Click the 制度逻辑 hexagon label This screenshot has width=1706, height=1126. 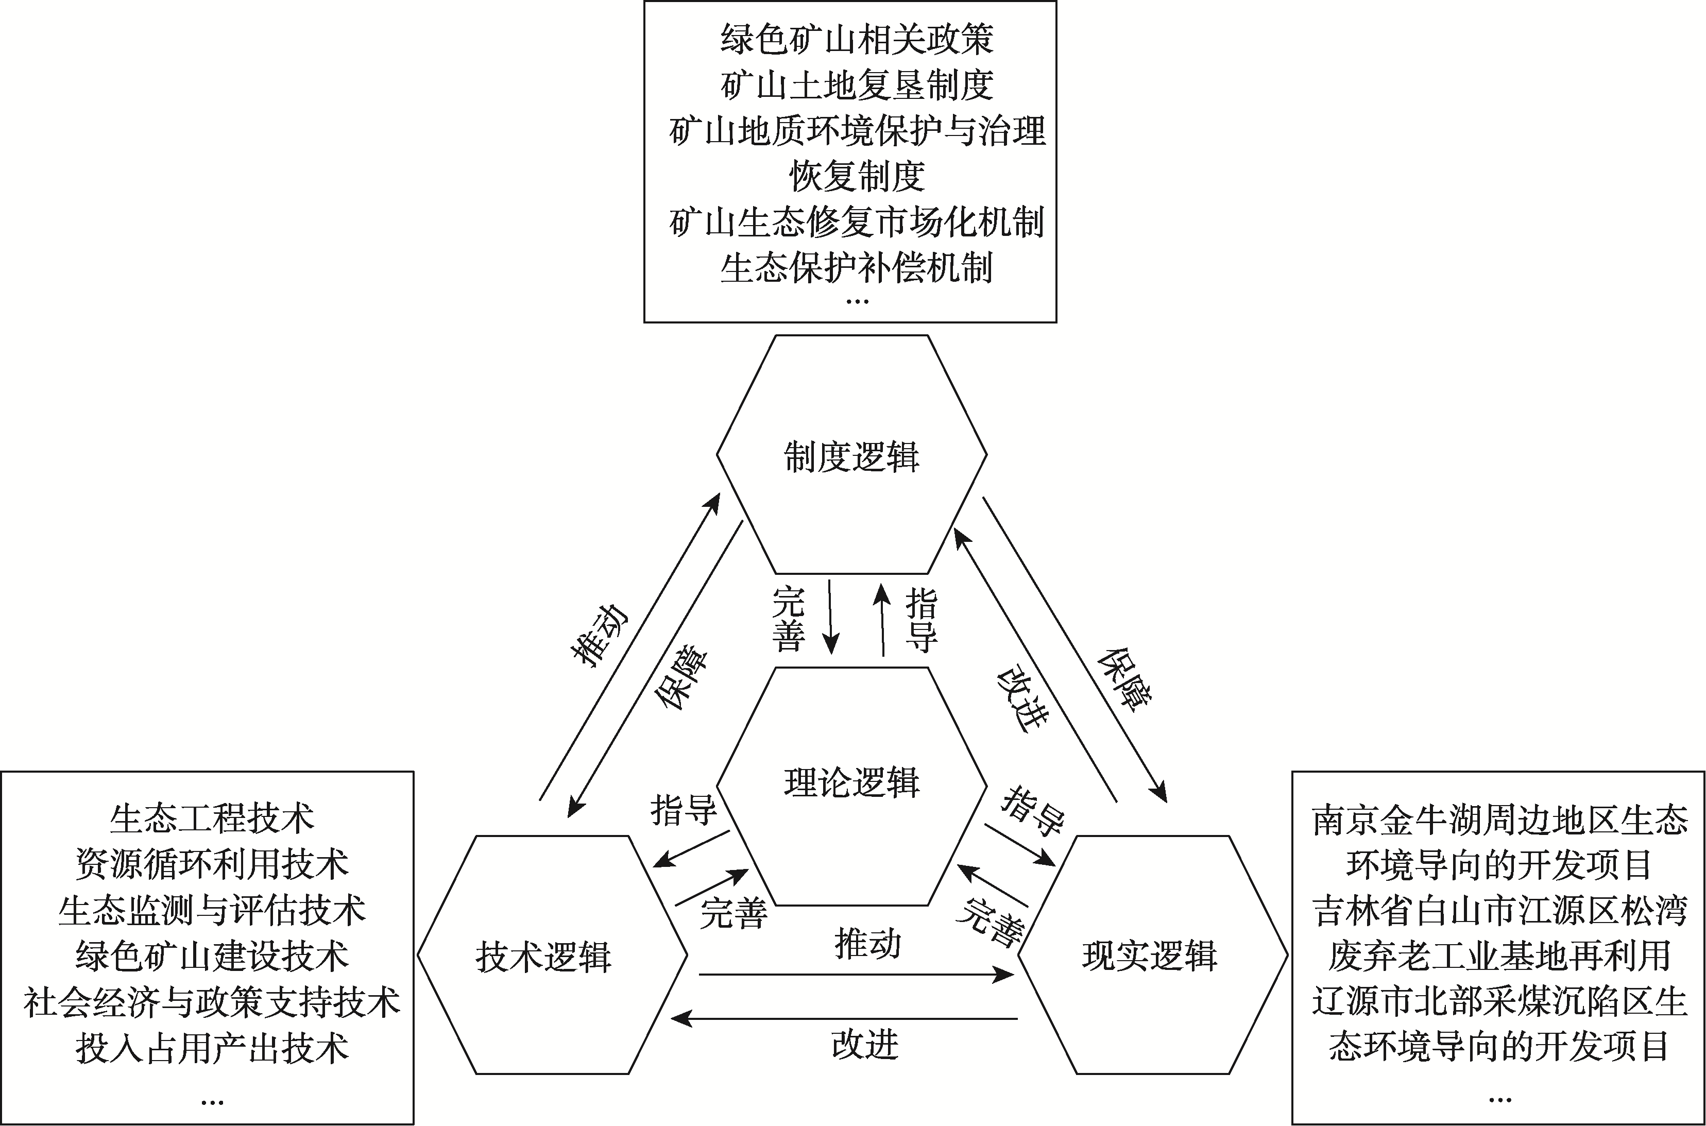tap(851, 457)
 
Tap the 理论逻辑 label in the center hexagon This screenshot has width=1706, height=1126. tap(851, 783)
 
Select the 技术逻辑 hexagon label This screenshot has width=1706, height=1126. tap(543, 957)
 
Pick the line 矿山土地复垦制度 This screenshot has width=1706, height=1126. tap(857, 86)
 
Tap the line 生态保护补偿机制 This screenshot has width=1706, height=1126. tap(857, 268)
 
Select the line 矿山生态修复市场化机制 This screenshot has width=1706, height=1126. tap(857, 223)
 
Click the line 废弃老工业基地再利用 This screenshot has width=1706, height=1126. tap(1499, 956)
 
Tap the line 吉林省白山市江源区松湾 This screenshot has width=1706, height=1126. tap(1499, 911)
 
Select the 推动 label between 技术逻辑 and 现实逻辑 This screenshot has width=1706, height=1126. tap(867, 944)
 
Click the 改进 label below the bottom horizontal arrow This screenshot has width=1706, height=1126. tap(865, 1045)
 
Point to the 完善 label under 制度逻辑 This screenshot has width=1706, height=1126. tap(789, 619)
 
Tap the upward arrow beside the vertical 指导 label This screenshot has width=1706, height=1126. tap(882, 620)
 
